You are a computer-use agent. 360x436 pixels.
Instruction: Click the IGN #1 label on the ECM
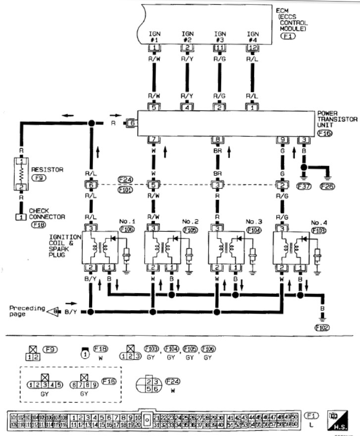(x=154, y=36)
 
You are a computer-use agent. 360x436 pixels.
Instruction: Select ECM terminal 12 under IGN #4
(x=252, y=48)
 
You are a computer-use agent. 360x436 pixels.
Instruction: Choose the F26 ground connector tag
(x=327, y=187)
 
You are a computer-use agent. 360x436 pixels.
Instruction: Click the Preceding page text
(x=24, y=311)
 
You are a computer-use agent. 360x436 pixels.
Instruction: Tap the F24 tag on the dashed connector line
(x=125, y=179)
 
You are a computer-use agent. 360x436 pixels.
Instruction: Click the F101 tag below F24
(x=125, y=189)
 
